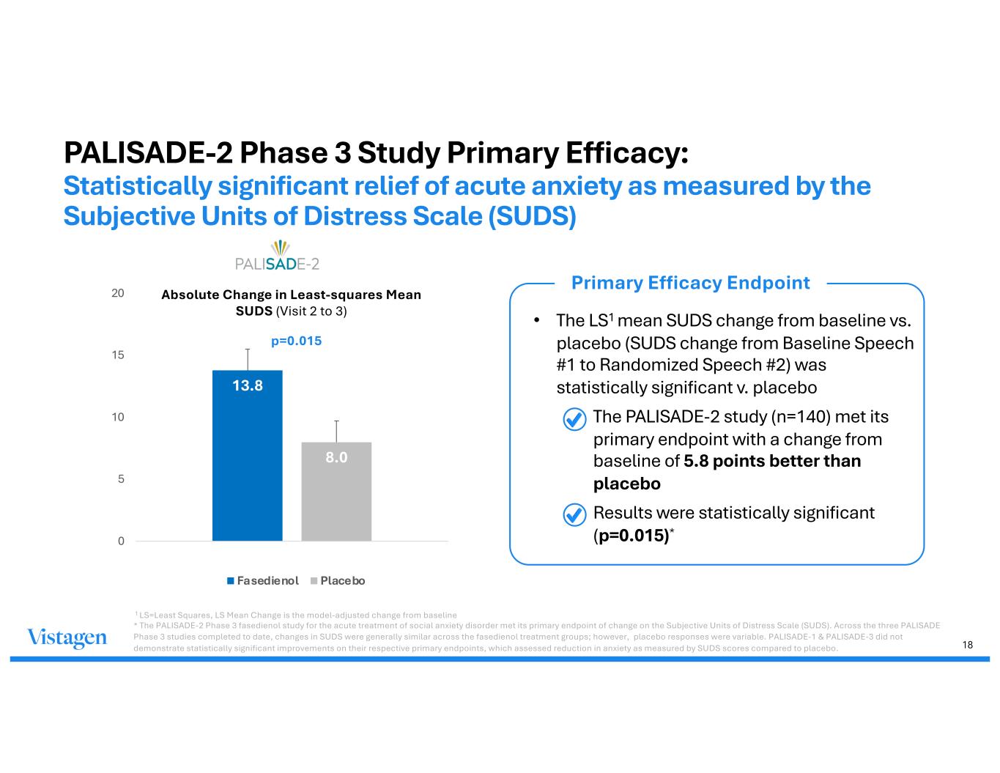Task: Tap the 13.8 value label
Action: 248,385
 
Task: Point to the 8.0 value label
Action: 336,457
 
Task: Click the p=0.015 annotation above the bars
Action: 296,341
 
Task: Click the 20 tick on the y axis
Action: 118,293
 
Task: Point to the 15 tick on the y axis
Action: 118,355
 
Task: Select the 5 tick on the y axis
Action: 121,479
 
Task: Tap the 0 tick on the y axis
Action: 121,541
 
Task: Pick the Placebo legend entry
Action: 338,581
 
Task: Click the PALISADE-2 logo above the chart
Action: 276,256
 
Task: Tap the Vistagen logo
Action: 67,638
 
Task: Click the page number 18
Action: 968,645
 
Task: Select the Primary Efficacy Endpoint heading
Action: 690,283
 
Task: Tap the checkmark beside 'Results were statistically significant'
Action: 574,515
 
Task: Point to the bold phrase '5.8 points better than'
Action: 771,462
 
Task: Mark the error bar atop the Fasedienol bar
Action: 248,360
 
